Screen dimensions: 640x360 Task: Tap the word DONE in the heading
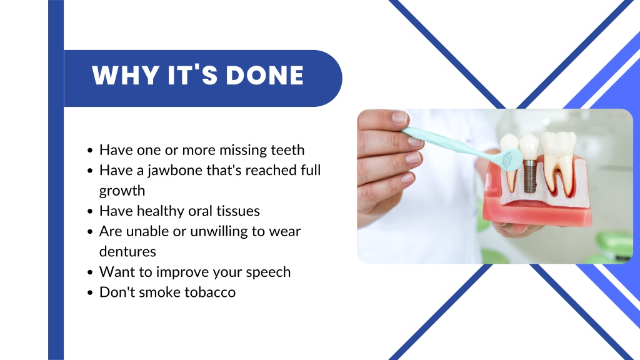coord(264,75)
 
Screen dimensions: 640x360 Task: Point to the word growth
coord(122,191)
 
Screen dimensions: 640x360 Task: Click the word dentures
coord(127,251)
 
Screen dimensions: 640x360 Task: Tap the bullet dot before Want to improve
coord(90,272)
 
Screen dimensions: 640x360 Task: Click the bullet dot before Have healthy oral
coord(90,211)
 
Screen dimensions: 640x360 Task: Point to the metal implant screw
coord(529,176)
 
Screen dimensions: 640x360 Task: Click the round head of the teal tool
coord(512,159)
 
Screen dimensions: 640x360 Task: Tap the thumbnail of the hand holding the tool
coord(399,117)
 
